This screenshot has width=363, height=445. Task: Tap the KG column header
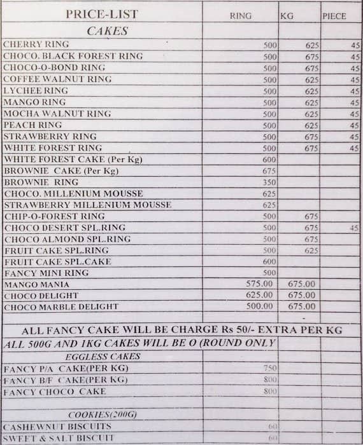(x=287, y=16)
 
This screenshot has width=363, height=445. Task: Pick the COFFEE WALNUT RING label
(x=57, y=79)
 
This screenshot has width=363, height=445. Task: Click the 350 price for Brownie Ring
(x=269, y=182)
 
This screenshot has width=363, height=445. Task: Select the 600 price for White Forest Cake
(x=269, y=160)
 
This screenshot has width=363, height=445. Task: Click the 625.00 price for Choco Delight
(x=259, y=296)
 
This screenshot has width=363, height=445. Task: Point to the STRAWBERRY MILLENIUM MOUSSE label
(x=88, y=205)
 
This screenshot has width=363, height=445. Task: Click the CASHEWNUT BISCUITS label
(x=57, y=426)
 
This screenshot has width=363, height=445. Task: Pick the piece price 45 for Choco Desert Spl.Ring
(x=354, y=228)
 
